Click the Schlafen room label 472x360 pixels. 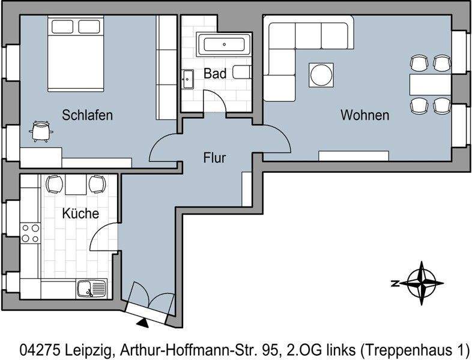[87, 115]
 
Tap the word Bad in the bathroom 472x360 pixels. [215, 74]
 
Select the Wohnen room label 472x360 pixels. [365, 115]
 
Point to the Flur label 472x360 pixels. [214, 158]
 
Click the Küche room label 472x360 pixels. [80, 213]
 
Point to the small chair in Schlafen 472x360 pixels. [41, 130]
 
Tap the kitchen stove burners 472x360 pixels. [30, 233]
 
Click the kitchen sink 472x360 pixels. [91, 289]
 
